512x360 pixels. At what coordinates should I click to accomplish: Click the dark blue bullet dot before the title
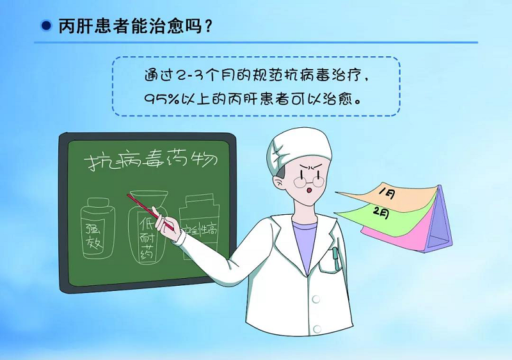point(46,26)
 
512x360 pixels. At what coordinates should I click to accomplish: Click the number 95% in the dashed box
point(162,98)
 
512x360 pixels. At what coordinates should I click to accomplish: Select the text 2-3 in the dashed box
point(189,75)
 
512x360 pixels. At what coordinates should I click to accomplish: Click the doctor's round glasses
point(308,182)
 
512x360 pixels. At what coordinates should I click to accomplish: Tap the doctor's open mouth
point(309,191)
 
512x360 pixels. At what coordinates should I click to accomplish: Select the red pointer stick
point(150,212)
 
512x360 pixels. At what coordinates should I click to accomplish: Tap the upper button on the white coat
point(316,299)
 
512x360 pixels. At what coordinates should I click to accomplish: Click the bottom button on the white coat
point(317,329)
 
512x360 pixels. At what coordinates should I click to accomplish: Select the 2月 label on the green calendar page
point(381,213)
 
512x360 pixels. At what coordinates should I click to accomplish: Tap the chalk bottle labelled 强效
point(98,228)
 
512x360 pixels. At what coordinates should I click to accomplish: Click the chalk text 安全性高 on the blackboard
point(199,231)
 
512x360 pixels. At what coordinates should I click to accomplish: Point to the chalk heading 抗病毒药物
point(151,161)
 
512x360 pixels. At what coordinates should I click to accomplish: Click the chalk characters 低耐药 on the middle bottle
point(148,238)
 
